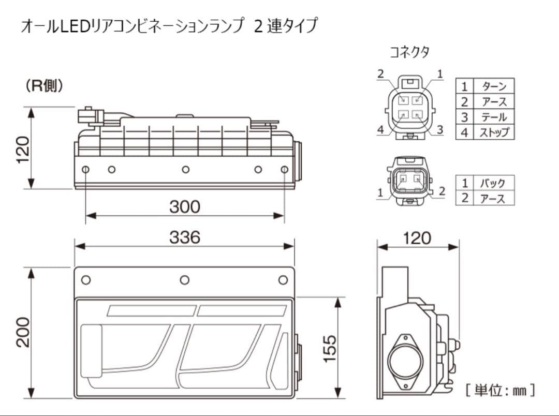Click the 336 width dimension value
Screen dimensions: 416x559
(x=184, y=237)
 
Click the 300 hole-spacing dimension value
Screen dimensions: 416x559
(x=184, y=207)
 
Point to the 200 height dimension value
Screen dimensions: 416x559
(x=24, y=332)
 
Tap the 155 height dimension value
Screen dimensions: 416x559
(x=330, y=348)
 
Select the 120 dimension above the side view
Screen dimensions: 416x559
(x=417, y=238)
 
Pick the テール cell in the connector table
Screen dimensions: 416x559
(x=494, y=117)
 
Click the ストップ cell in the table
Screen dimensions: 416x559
(x=494, y=132)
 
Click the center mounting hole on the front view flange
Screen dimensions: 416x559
(x=184, y=280)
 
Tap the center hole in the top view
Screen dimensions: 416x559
(x=185, y=170)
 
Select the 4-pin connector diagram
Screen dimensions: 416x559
(x=410, y=106)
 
